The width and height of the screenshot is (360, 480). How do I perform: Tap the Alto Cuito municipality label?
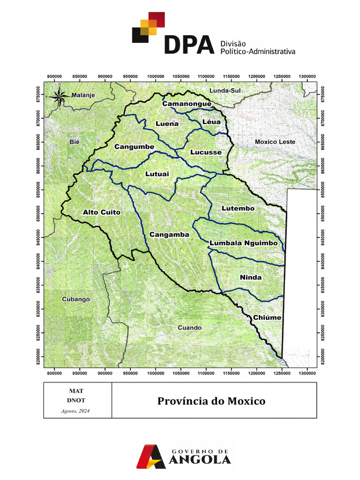(102, 212)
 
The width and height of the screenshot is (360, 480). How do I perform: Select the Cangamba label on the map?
(169, 234)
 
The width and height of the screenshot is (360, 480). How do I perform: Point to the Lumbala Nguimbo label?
(244, 243)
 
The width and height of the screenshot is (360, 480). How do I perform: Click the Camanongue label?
(187, 104)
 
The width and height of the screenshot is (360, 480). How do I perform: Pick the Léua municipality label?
(211, 122)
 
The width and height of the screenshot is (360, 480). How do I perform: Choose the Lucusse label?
(206, 152)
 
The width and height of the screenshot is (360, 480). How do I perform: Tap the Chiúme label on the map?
(267, 317)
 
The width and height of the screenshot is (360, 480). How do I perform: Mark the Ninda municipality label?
(251, 277)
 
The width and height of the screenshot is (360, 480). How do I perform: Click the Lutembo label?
(238, 208)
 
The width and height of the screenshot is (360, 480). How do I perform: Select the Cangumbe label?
(135, 147)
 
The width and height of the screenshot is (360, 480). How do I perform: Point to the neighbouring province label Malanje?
(83, 95)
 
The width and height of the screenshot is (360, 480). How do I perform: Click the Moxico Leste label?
(275, 142)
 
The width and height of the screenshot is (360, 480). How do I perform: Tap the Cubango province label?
(76, 299)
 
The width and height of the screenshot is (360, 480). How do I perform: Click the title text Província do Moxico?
(211, 401)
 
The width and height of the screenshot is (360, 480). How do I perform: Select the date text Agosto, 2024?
(75, 411)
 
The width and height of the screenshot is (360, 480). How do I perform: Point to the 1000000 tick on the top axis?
(156, 76)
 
